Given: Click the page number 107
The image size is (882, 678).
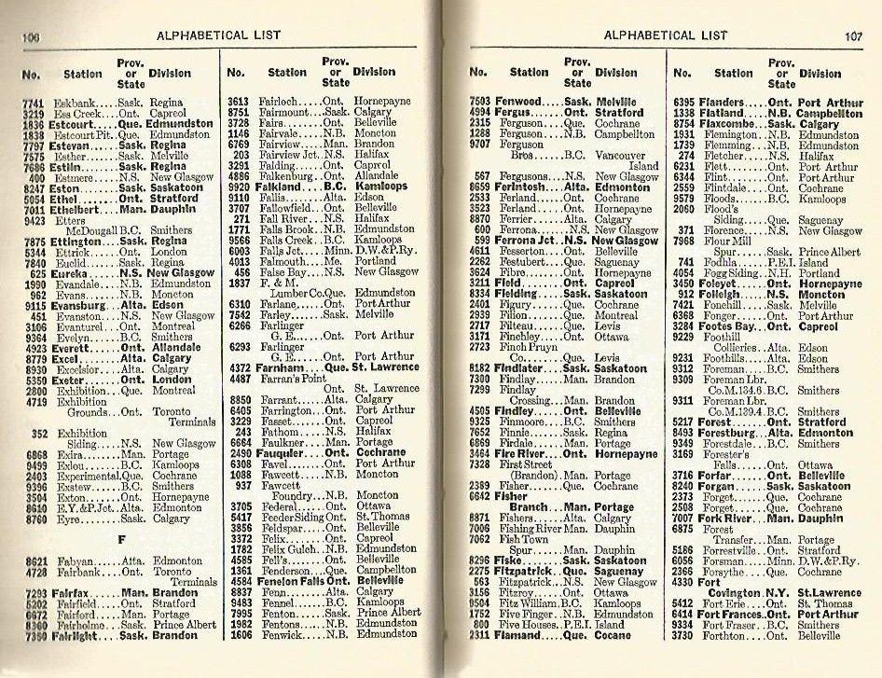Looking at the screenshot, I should click(x=854, y=37).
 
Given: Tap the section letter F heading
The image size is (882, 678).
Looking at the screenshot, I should click(x=121, y=538).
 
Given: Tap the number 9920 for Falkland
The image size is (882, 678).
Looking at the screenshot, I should click(x=240, y=187).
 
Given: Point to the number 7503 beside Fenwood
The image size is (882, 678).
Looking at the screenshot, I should click(x=480, y=102).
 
